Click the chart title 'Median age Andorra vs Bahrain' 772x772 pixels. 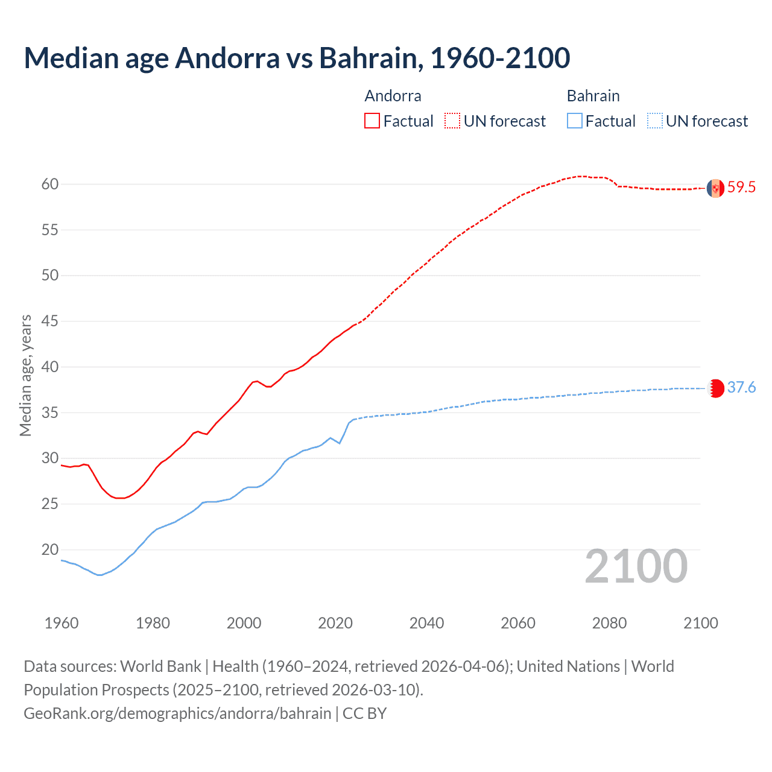pyautogui.click(x=297, y=58)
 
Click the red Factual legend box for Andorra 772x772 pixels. pyautogui.click(x=372, y=121)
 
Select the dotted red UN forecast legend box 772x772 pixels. pyautogui.click(x=452, y=121)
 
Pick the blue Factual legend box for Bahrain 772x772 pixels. pyautogui.click(x=575, y=121)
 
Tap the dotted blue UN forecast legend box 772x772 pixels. pyautogui.click(x=655, y=121)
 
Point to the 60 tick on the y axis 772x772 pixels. pyautogui.click(x=50, y=184)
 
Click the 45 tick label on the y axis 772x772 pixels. pyautogui.click(x=50, y=321)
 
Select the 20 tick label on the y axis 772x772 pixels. pyautogui.click(x=50, y=549)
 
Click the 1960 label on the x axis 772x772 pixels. pyautogui.click(x=62, y=623)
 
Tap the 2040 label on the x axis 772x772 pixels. pyautogui.click(x=426, y=623)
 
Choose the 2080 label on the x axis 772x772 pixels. pyautogui.click(x=609, y=623)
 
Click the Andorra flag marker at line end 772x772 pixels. pyautogui.click(x=715, y=188)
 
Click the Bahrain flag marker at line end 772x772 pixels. pyautogui.click(x=715, y=388)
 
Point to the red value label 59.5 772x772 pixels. pyautogui.click(x=741, y=188)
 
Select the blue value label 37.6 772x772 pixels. pyautogui.click(x=741, y=388)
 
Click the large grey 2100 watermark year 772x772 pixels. pyautogui.click(x=636, y=566)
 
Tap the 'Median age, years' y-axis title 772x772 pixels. pyautogui.click(x=25, y=375)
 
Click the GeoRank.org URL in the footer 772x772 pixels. pyautogui.click(x=177, y=713)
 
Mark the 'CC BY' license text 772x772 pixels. pyautogui.click(x=365, y=713)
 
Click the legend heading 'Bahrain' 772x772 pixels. pyautogui.click(x=593, y=96)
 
